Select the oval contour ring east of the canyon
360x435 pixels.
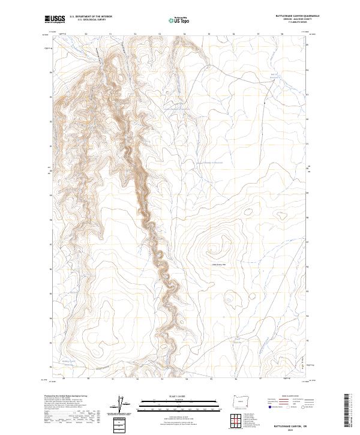click(x=247, y=211)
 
